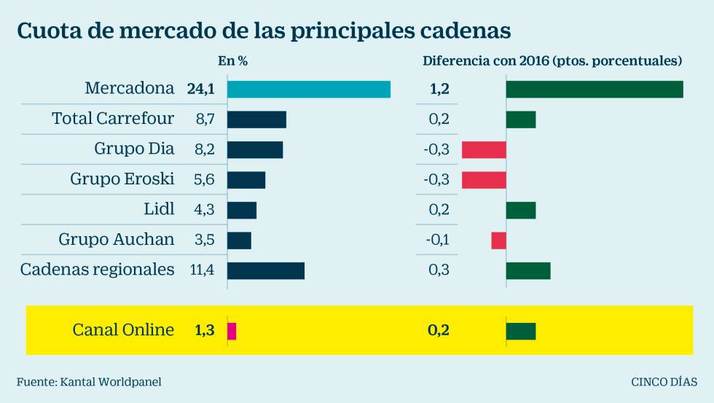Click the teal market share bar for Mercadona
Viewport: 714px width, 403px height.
(x=308, y=89)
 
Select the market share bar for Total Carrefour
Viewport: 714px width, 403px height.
(x=256, y=120)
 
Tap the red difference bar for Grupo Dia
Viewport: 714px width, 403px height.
(x=484, y=149)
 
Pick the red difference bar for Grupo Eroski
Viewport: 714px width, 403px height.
(x=484, y=180)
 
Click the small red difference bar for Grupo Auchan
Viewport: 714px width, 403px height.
(x=498, y=240)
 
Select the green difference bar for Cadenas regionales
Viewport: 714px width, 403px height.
(x=528, y=270)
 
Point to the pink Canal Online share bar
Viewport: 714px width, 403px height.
(x=232, y=331)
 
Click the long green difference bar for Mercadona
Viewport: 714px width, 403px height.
(x=595, y=89)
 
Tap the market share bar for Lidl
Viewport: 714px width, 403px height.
(x=242, y=210)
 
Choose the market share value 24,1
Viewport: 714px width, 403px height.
(x=200, y=89)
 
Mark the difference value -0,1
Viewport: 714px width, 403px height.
(x=437, y=240)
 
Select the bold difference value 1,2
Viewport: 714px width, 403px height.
(x=439, y=89)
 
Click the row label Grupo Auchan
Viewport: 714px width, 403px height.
(x=117, y=240)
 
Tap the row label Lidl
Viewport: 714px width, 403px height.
(x=159, y=210)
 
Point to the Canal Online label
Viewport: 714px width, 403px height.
(x=123, y=330)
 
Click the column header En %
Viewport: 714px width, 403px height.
(x=233, y=61)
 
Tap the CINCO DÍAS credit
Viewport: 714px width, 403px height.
(x=664, y=381)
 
